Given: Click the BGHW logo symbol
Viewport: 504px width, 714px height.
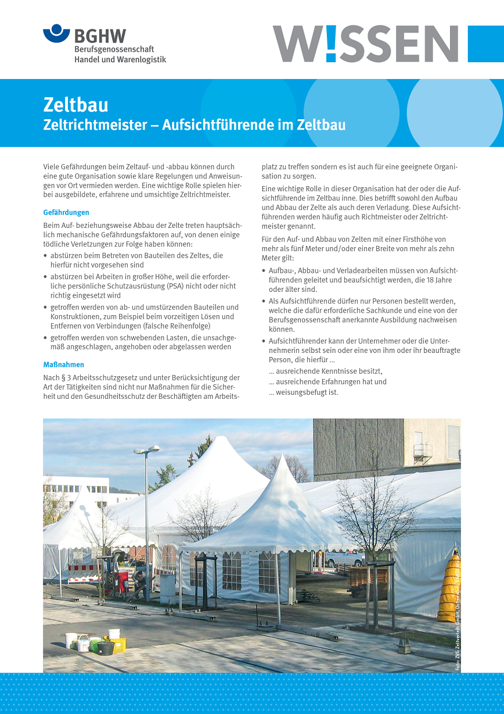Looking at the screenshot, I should [x=56, y=33].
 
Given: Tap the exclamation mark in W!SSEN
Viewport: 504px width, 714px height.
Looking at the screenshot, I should [x=330, y=44].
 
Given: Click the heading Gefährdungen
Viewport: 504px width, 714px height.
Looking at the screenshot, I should [x=66, y=212].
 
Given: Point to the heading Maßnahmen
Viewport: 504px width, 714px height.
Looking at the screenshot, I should [x=64, y=365].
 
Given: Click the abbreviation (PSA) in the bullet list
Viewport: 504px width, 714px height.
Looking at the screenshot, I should [x=178, y=285].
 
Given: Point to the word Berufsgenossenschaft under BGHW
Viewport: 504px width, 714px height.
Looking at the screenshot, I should [x=114, y=49].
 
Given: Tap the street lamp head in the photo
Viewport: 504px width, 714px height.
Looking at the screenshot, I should [x=146, y=450].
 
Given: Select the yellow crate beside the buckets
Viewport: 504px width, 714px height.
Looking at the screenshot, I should [x=117, y=644].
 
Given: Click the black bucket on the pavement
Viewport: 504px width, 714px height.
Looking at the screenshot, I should [x=105, y=648].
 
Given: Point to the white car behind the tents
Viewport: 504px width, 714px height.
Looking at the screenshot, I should [x=344, y=559].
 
